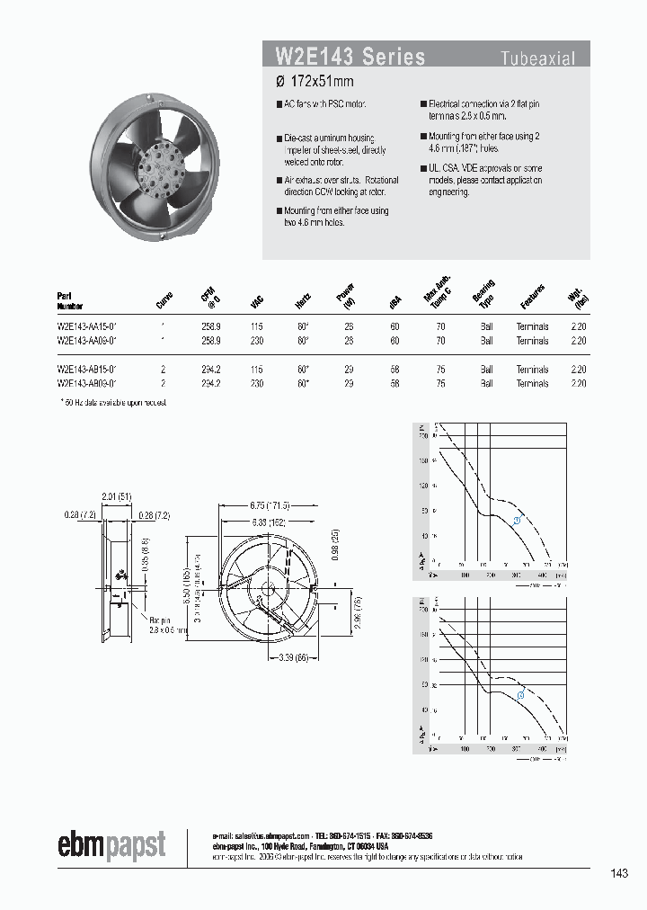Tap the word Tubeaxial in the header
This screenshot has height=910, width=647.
point(537,58)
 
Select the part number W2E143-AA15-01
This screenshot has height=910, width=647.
point(88,327)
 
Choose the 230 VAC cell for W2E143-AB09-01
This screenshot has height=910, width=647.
point(259,384)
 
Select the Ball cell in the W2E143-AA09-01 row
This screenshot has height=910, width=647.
point(486,342)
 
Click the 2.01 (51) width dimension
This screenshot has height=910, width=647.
point(117,495)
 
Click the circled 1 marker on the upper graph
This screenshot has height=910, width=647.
point(517,521)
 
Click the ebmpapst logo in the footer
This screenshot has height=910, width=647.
point(111,844)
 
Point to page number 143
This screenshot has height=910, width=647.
point(618,873)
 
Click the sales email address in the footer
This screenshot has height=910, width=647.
point(268,835)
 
